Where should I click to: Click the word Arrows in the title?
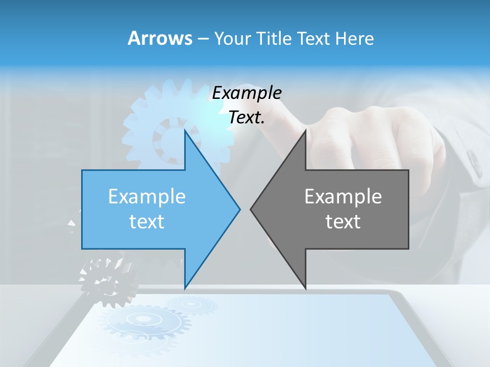160,38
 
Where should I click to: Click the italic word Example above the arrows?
247,93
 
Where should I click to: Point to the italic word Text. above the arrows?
247,118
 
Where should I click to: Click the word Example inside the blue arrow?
146,196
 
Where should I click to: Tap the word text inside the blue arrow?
146,222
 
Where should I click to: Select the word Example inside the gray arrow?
343,196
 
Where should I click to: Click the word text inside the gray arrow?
343,222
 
